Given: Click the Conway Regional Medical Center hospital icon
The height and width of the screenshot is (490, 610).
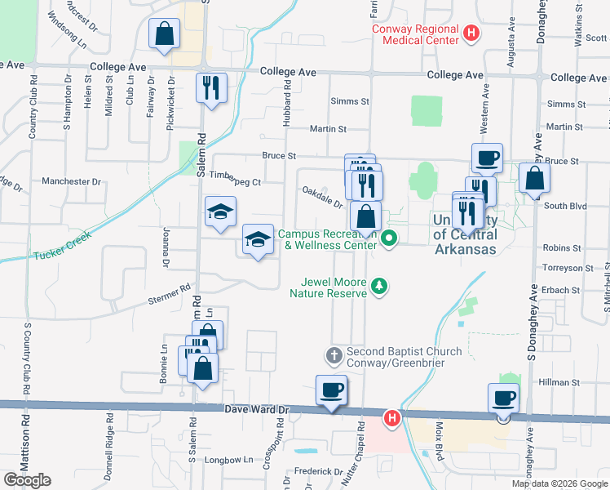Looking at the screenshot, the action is point(471,33).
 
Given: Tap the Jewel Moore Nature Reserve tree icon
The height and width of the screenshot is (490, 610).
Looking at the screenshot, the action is point(378,285).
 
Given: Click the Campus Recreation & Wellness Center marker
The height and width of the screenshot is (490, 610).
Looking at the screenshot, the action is point(389,239).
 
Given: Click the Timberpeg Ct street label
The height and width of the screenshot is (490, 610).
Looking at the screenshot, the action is point(235,183).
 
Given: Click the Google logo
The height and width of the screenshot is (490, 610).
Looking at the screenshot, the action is point(27,479).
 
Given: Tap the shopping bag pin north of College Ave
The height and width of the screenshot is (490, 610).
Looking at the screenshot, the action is point(164,34).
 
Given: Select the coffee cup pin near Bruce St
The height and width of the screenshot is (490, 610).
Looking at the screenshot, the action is point(487,158).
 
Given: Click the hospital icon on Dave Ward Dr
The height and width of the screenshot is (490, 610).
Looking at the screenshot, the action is point(391,418).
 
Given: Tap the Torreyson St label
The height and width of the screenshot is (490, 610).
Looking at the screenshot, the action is point(568,268).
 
